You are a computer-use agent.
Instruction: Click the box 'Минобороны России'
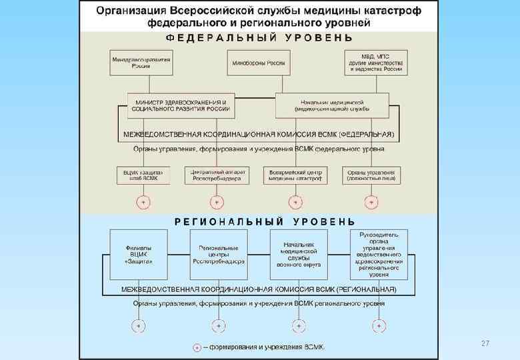click(x=259, y=63)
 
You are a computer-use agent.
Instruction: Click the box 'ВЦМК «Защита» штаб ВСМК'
click(x=142, y=175)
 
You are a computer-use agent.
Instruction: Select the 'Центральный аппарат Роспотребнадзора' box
click(x=217, y=175)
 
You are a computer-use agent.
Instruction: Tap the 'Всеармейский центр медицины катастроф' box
click(x=295, y=175)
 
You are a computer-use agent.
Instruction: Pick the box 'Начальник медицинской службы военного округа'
click(x=299, y=251)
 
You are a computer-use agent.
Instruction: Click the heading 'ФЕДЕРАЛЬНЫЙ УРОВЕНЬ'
click(x=259, y=37)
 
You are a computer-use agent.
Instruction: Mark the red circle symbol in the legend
click(x=196, y=347)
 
